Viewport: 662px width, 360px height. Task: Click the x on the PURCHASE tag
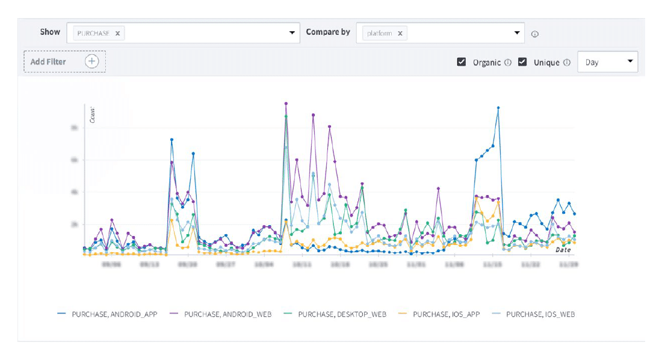click(x=117, y=34)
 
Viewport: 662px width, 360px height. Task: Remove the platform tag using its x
click(x=400, y=34)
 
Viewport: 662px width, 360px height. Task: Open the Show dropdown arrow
click(x=292, y=33)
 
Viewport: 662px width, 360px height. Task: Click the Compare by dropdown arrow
click(x=517, y=33)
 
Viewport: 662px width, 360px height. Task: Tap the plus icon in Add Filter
click(x=91, y=61)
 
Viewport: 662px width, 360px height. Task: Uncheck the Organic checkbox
click(x=462, y=62)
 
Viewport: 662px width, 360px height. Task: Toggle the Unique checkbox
click(x=522, y=62)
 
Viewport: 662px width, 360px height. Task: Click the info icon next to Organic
click(x=507, y=63)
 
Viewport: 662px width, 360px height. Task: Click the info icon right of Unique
click(x=566, y=63)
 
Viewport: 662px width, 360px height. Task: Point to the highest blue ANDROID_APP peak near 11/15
click(x=498, y=108)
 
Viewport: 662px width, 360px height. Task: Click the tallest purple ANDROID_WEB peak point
click(x=286, y=104)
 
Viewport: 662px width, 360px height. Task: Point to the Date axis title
click(x=563, y=249)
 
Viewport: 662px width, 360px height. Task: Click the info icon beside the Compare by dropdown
click(x=535, y=34)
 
